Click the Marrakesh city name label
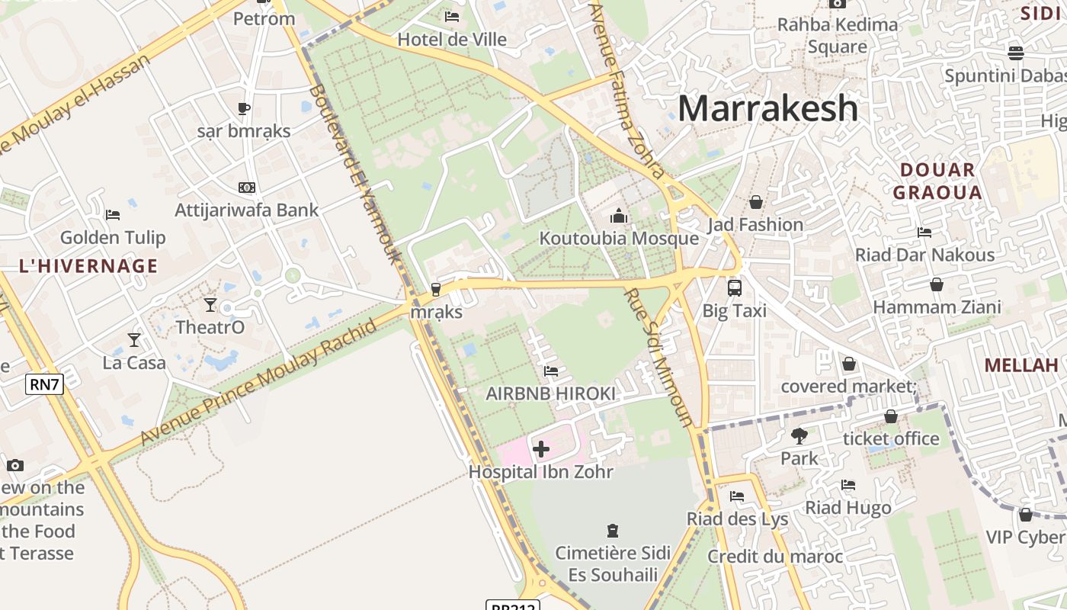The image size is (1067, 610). pos(767,108)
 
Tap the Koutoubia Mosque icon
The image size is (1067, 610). pos(618,217)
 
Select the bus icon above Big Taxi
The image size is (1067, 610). pos(735,288)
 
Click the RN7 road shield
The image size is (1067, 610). pos(44,384)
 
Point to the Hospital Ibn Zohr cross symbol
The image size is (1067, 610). pos(541,449)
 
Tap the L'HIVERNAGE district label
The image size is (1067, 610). pos(89,266)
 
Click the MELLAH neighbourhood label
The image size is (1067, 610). pos(1021,365)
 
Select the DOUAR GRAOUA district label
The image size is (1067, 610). pos(937,181)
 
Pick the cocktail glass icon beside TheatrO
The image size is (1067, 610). pos(210,305)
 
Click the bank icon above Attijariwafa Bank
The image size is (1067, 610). pos(246,188)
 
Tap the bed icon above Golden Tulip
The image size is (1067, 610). pos(113,215)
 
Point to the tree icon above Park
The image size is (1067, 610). pos(799,436)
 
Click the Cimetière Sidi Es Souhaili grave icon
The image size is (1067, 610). pos(612,530)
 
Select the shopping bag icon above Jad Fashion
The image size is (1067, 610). pos(755,202)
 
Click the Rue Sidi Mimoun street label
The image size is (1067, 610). pos(658,357)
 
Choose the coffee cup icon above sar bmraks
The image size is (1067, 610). pos(244,108)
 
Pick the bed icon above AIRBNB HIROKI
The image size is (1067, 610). pos(551,371)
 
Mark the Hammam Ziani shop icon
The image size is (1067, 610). pos(937,285)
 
